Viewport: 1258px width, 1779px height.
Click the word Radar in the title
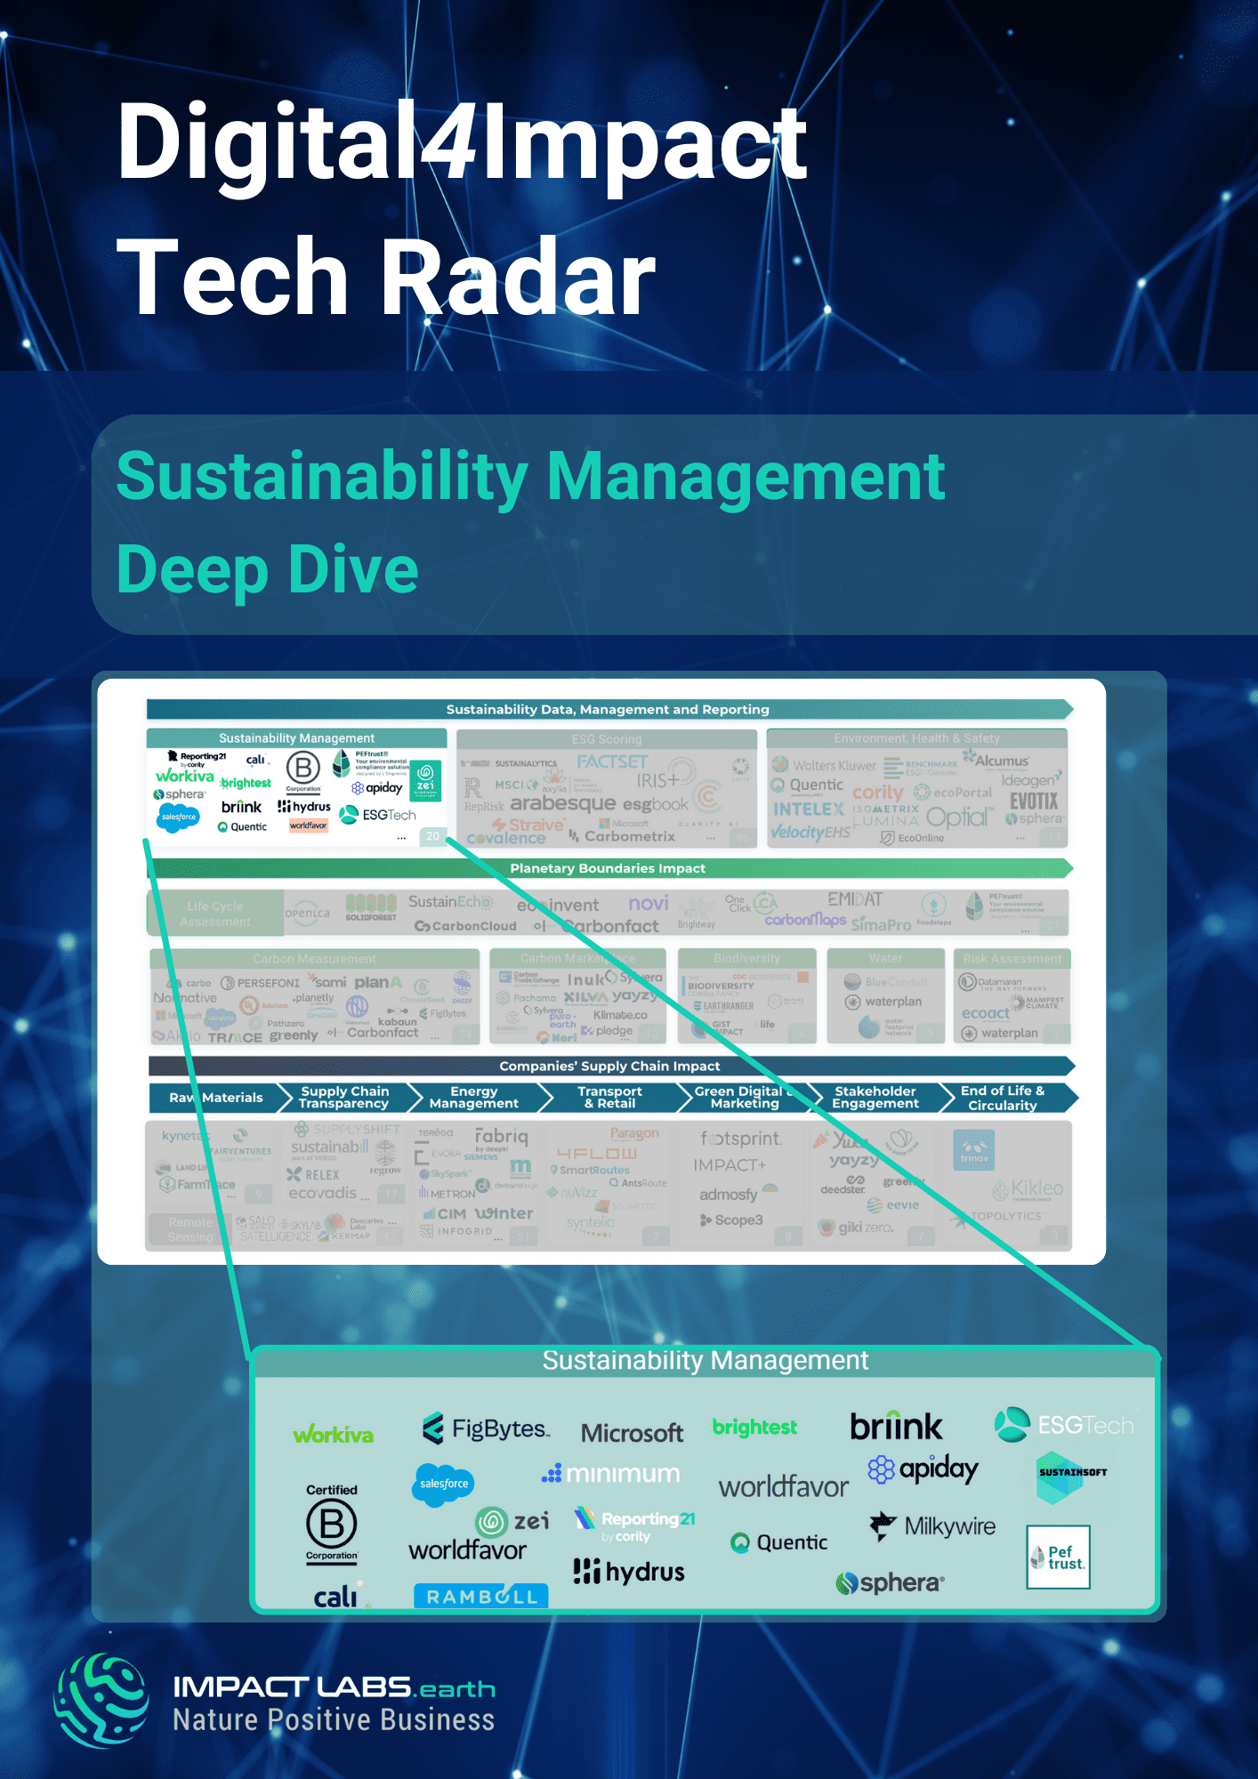pos(519,278)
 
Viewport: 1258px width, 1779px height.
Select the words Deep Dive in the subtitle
pos(267,570)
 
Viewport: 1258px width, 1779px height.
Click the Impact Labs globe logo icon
pos(101,1700)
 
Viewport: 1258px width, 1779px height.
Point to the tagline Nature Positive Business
pos(334,1720)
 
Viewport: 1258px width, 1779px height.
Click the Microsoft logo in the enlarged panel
pos(632,1433)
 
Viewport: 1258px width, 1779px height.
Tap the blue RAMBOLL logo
pos(481,1596)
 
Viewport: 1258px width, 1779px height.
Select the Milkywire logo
pos(932,1526)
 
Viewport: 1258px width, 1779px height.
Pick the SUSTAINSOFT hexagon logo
pos(1071,1476)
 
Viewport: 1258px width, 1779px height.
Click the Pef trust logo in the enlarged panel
pos(1058,1558)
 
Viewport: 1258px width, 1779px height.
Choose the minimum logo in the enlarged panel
pos(611,1474)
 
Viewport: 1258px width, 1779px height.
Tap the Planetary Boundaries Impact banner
pos(609,868)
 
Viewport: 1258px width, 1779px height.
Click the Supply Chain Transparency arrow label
pos(344,1098)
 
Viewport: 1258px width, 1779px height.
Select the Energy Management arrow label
pos(473,1098)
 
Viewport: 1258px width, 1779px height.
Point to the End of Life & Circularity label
pos(1003,1098)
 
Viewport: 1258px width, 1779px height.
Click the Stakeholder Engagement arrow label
pos(875,1098)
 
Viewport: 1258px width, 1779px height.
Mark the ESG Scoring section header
pos(606,739)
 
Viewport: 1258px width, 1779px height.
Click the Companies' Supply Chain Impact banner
pos(609,1066)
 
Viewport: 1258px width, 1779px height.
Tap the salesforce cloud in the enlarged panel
pos(443,1484)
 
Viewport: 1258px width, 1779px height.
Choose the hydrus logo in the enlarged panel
pos(629,1572)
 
